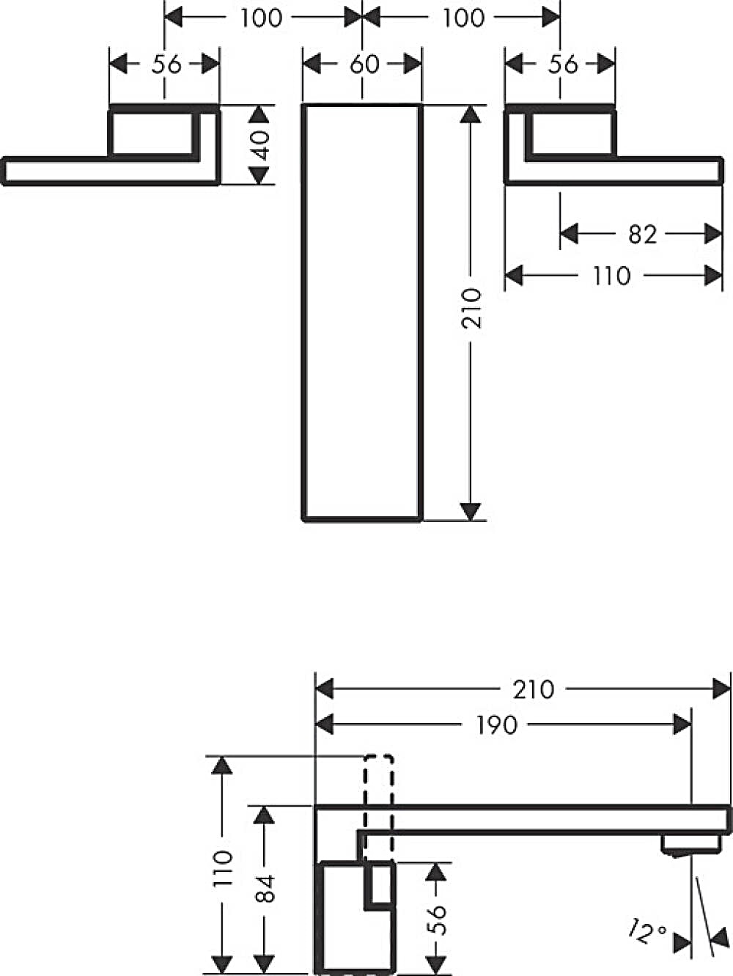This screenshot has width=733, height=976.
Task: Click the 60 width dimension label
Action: click(x=364, y=65)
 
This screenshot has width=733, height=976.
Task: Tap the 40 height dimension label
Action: click(x=262, y=144)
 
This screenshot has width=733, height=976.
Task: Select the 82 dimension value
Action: click(x=642, y=234)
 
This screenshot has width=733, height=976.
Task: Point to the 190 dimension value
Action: click(x=497, y=725)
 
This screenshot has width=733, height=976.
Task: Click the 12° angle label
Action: click(x=647, y=932)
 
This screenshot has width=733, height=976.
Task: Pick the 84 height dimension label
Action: click(x=265, y=888)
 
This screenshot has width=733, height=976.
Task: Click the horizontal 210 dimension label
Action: click(x=533, y=689)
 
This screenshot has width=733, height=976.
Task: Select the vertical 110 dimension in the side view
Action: click(x=223, y=868)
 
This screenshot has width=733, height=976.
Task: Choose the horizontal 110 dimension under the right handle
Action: click(x=611, y=276)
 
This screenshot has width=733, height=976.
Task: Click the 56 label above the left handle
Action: click(x=166, y=65)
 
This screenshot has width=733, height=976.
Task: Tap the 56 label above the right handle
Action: click(x=562, y=65)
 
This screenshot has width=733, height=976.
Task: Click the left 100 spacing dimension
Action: click(x=262, y=18)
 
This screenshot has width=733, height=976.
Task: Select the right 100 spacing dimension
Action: click(x=463, y=18)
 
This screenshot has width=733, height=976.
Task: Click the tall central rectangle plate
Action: click(x=362, y=312)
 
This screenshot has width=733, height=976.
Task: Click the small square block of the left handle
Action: click(x=153, y=132)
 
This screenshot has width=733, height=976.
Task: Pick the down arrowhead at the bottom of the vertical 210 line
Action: click(x=471, y=511)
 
